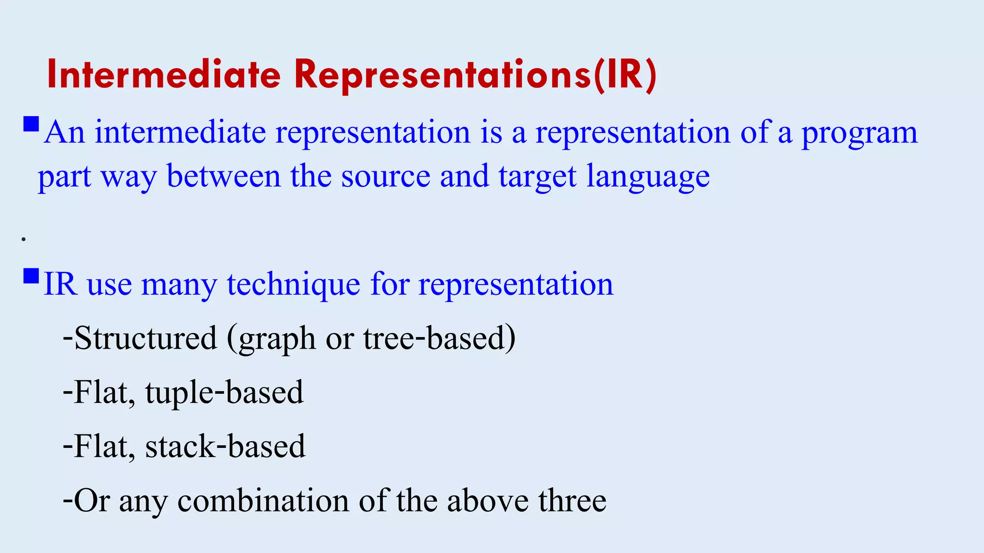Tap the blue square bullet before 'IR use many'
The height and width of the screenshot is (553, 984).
(31, 276)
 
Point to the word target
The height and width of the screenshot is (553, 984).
(537, 177)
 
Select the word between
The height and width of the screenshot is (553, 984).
(223, 176)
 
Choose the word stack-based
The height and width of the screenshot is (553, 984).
(225, 446)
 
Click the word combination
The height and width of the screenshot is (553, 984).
(263, 501)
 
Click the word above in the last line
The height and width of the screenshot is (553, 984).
(487, 501)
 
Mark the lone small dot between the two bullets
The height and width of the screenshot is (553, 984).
(24, 239)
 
